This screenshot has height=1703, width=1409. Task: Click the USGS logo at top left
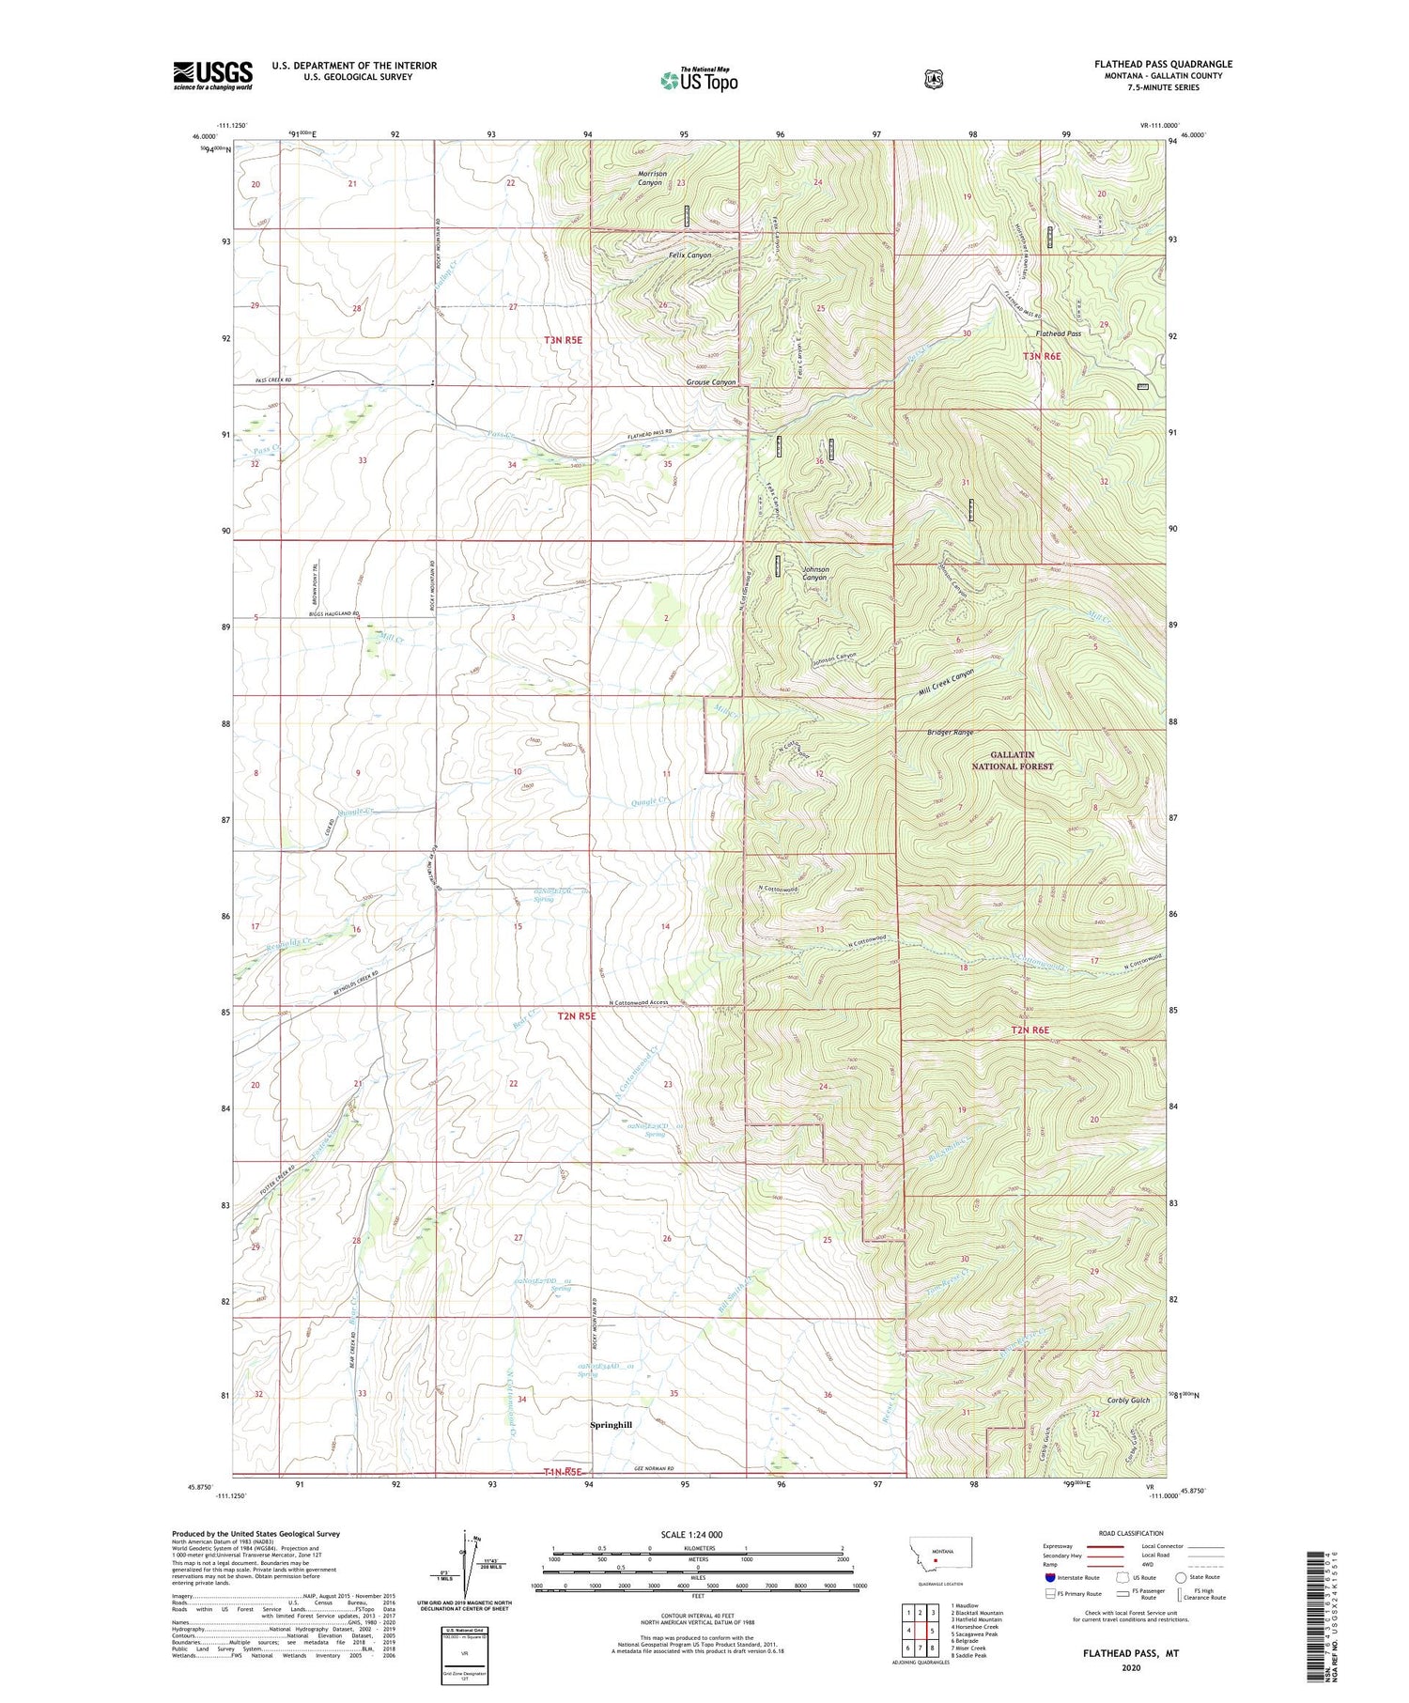pos(212,75)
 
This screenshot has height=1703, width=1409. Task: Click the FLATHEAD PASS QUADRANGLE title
pos(1162,64)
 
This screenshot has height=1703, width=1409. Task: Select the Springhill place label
pos(611,1425)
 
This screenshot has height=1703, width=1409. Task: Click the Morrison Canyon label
pos(652,178)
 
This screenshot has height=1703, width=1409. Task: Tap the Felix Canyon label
pos(689,255)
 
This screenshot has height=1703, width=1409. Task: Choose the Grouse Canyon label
pos(710,382)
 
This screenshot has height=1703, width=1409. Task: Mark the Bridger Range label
pos(950,732)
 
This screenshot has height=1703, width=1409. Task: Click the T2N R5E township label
pos(576,1016)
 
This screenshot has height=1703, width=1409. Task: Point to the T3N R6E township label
pos(1042,356)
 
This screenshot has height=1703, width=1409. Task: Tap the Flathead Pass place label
pos(1058,333)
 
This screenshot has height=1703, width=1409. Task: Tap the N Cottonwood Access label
pos(639,1002)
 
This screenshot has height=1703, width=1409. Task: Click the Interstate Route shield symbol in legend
pos(1049,1577)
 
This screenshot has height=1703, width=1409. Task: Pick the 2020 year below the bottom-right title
pos(1130,1667)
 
